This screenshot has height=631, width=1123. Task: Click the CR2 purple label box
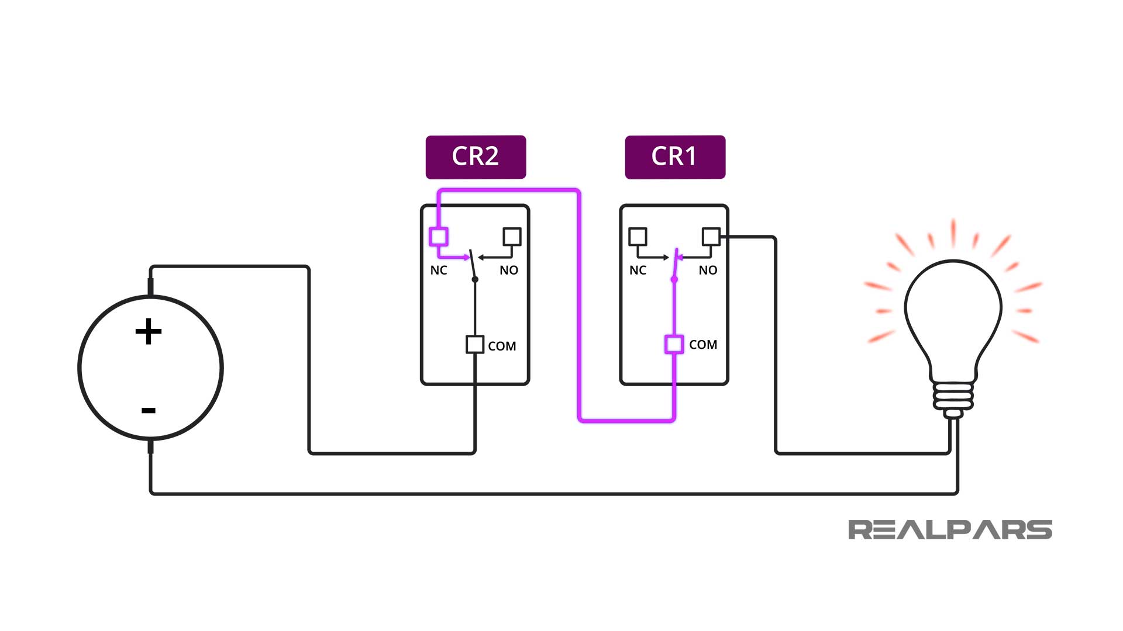(476, 157)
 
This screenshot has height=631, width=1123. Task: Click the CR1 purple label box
(675, 157)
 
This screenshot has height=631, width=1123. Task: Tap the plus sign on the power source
(149, 331)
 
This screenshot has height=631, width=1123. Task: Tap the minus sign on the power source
(149, 410)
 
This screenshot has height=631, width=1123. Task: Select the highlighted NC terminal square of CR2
(439, 237)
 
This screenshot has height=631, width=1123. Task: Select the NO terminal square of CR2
(512, 237)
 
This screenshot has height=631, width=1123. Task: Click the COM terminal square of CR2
(475, 344)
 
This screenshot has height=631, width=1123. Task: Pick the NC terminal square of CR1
(638, 237)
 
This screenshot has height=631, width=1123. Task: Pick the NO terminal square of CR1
(711, 237)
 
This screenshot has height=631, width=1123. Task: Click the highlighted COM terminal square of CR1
(674, 344)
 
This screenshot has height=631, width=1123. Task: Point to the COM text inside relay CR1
(703, 345)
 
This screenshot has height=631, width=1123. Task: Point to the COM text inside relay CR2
(502, 346)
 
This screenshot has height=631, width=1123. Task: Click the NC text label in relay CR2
(439, 270)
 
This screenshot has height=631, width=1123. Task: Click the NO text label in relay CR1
(708, 270)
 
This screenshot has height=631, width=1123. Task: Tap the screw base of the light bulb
(953, 397)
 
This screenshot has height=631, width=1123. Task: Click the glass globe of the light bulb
(953, 310)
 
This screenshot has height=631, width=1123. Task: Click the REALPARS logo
(950, 529)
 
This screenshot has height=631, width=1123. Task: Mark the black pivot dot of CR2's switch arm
(475, 279)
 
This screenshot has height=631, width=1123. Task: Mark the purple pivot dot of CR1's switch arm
(674, 279)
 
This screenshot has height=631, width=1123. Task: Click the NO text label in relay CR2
(509, 270)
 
